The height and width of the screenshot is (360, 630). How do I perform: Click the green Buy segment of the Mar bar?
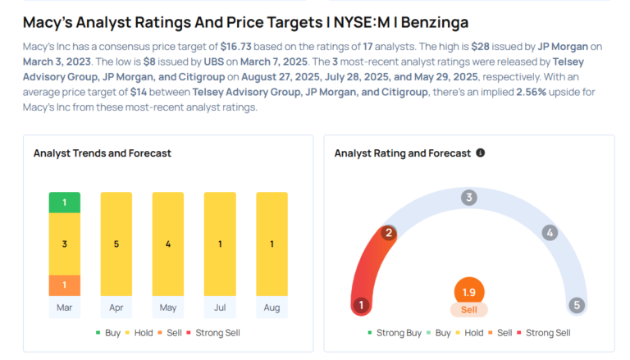click(65, 202)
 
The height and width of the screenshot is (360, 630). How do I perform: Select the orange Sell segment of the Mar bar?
click(65, 285)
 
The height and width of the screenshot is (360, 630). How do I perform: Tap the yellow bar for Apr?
click(116, 244)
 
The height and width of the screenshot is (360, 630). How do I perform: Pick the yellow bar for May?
click(168, 244)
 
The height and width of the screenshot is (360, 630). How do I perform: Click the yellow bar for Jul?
click(220, 244)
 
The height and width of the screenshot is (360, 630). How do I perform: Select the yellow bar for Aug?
click(272, 244)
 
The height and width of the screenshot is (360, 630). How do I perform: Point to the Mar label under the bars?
click(65, 308)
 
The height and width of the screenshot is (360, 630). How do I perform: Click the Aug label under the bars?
click(272, 308)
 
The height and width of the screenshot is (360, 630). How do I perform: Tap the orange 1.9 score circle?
click(469, 292)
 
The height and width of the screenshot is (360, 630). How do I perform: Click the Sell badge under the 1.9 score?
click(469, 310)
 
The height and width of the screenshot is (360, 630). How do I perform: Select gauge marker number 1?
click(360, 305)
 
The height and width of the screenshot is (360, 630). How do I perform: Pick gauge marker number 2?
click(389, 233)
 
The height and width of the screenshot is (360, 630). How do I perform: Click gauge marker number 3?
click(469, 197)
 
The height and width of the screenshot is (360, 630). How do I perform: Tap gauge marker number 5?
click(577, 305)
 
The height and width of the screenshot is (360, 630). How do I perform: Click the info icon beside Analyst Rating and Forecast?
click(481, 153)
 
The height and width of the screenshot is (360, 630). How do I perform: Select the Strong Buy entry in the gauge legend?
click(394, 332)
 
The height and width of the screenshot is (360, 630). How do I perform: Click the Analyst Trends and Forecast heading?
click(102, 153)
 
